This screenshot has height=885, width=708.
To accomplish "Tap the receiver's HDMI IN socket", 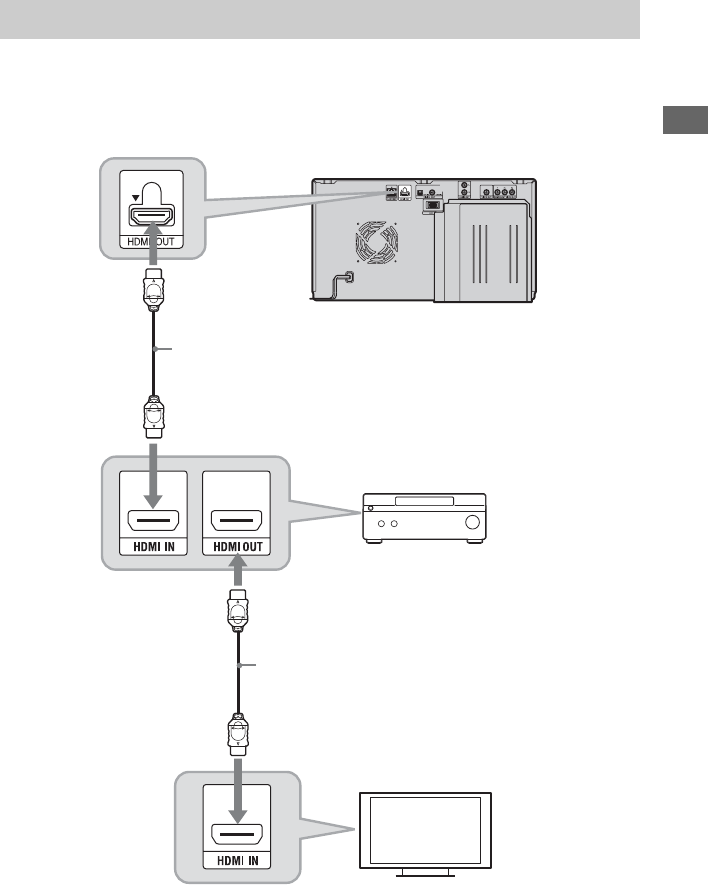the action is pos(153,522).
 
